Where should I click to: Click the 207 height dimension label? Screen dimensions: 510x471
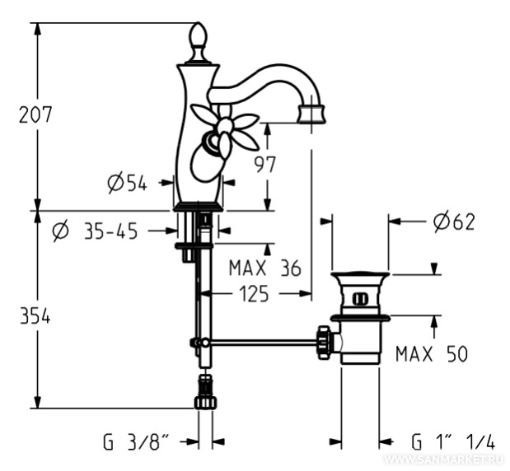click(x=35, y=114)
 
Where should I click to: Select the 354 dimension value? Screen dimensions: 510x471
click(x=35, y=316)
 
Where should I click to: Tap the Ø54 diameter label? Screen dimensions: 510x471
click(x=127, y=183)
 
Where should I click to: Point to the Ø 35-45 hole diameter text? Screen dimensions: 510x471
click(x=95, y=231)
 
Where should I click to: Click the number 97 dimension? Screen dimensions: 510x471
click(x=264, y=165)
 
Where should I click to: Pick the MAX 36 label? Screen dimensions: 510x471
click(x=265, y=268)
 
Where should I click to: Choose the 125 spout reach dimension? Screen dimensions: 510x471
click(x=254, y=294)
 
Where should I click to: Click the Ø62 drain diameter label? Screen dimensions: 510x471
click(x=454, y=222)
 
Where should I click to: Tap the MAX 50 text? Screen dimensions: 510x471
click(x=432, y=353)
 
